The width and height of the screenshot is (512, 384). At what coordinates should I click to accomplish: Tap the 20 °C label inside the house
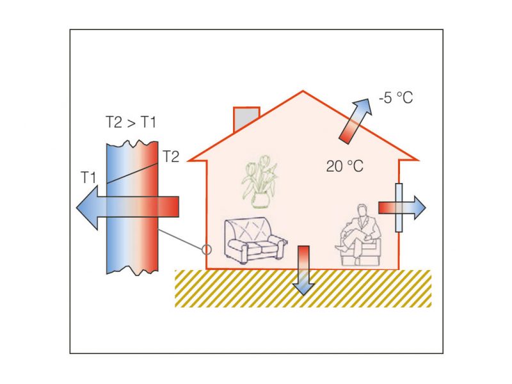[x=344, y=166]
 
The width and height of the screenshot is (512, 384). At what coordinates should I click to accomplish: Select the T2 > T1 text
[x=131, y=123]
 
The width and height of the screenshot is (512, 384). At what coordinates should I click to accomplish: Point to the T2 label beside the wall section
[x=171, y=156]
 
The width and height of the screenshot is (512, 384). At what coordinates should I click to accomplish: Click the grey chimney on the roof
[x=246, y=119]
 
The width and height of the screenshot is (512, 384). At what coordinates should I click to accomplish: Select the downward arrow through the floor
[x=303, y=269]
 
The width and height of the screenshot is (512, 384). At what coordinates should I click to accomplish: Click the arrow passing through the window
[x=401, y=207]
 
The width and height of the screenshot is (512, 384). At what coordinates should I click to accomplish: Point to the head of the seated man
[x=362, y=211]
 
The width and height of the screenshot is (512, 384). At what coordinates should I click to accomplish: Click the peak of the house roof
[x=303, y=92]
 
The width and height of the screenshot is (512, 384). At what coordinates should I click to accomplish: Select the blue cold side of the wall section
[x=116, y=179]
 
